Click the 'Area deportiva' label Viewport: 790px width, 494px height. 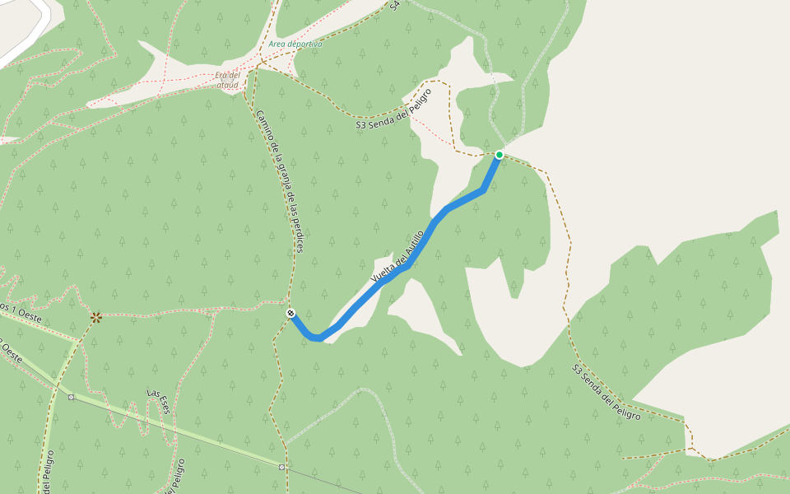click(x=295, y=44)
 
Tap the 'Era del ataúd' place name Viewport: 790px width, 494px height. click(x=226, y=80)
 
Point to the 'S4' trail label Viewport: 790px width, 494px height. click(x=395, y=5)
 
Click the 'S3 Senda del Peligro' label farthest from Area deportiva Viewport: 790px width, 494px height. click(x=606, y=393)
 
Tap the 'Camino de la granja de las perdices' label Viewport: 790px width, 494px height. click(x=280, y=181)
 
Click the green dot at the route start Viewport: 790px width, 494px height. click(x=499, y=155)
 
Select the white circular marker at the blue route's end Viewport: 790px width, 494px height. click(x=290, y=313)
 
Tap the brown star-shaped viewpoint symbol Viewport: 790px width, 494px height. click(x=96, y=317)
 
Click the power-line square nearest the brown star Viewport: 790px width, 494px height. click(x=72, y=397)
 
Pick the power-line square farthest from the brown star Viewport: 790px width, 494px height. click(x=282, y=467)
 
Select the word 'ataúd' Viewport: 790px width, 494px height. click(x=228, y=85)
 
